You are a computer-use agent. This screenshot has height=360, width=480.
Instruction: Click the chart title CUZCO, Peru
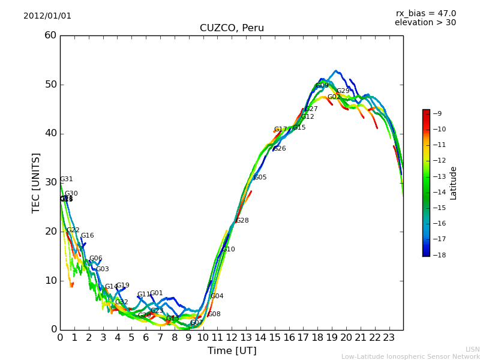pyautogui.click(x=232, y=28)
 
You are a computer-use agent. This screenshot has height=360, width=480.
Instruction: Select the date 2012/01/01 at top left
pyautogui.click(x=47, y=16)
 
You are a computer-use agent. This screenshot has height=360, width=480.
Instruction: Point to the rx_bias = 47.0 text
pyautogui.click(x=425, y=13)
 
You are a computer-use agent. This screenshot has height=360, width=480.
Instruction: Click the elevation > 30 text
pyautogui.click(x=425, y=23)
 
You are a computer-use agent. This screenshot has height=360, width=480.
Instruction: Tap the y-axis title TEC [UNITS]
pyautogui.click(x=37, y=182)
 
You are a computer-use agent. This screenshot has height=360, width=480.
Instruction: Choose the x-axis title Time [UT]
pyautogui.click(x=232, y=351)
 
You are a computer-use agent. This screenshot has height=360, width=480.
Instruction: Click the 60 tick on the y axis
pyautogui.click(x=50, y=35)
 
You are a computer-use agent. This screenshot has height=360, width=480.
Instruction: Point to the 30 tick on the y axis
pyautogui.click(x=50, y=182)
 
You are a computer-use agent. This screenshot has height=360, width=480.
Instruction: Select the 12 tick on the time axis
pyautogui.click(x=232, y=338)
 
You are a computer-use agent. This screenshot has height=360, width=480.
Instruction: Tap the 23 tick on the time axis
pyautogui.click(x=389, y=338)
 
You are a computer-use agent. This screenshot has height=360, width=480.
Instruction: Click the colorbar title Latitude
pyautogui.click(x=454, y=182)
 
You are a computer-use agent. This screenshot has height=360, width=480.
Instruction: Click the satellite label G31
pyautogui.click(x=67, y=179)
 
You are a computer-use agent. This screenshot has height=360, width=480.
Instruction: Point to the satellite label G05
pyautogui.click(x=260, y=178)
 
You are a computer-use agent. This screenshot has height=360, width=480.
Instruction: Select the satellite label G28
pyautogui.click(x=242, y=221)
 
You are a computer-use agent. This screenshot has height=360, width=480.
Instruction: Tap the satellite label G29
pyautogui.click(x=343, y=91)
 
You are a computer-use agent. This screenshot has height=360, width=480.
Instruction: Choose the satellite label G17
pyautogui.click(x=281, y=130)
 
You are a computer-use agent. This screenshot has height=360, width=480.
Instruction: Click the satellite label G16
pyautogui.click(x=88, y=236)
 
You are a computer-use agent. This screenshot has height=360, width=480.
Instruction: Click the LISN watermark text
pyautogui.click(x=472, y=349)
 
